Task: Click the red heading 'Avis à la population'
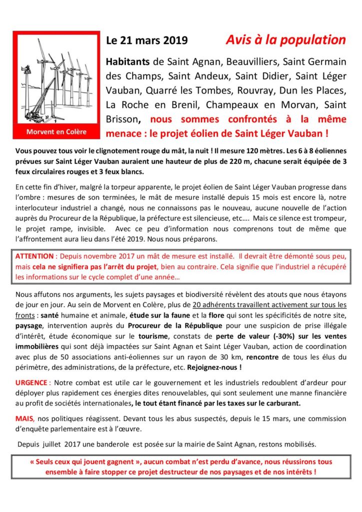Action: click(x=285, y=40)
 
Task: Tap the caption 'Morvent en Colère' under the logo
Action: click(x=56, y=132)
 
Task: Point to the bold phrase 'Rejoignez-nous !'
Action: click(x=213, y=367)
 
